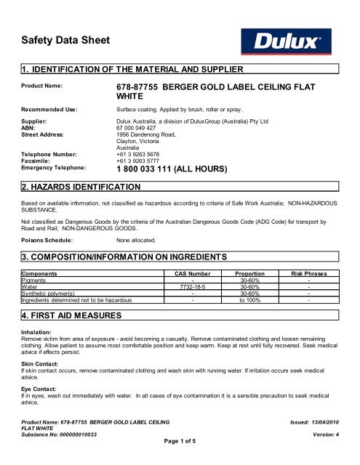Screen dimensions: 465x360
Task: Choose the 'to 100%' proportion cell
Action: [x=254, y=298]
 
